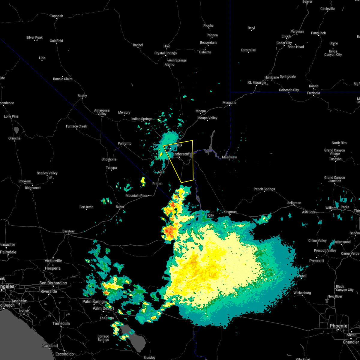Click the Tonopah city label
56,16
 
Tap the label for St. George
256,82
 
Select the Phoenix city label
338,326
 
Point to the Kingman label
230,212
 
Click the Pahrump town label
124,143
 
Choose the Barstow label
68,231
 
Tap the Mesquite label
229,103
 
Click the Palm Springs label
94,301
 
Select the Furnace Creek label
76,126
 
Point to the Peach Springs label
264,189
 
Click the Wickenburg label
302,293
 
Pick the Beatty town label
82,96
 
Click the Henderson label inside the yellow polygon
181,154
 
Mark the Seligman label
294,203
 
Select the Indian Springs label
142,119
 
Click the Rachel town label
138,45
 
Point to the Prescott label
317,261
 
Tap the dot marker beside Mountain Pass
149,196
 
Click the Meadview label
229,157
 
